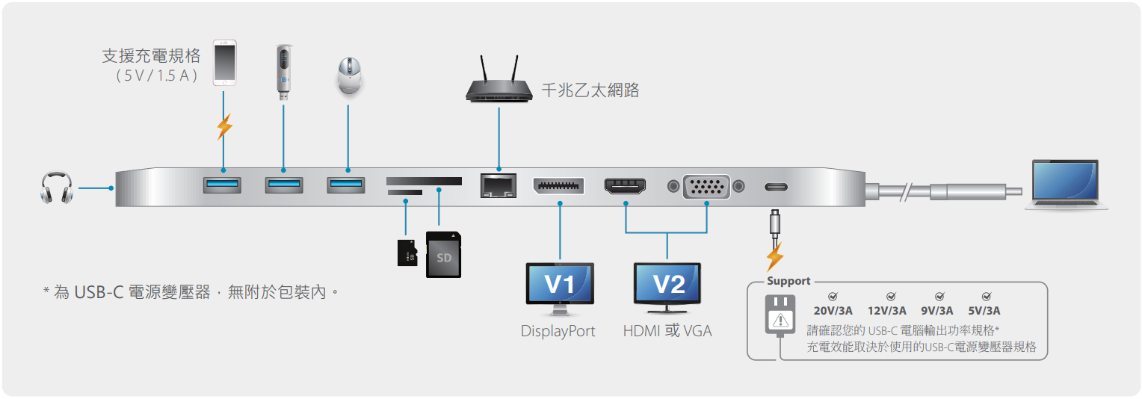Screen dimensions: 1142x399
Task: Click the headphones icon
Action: pyautogui.click(x=57, y=188)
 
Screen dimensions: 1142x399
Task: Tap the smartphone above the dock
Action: pyautogui.click(x=224, y=63)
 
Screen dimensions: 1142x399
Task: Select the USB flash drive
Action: pyautogui.click(x=284, y=72)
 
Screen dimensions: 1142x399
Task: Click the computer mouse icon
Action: pyautogui.click(x=349, y=76)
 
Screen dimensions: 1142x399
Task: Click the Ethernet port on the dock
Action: pyautogui.click(x=498, y=185)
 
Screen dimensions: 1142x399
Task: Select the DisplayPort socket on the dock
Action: pyautogui.click(x=558, y=186)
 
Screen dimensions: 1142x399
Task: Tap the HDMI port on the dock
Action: pyautogui.click(x=625, y=187)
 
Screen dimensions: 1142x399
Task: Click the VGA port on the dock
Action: pyautogui.click(x=706, y=187)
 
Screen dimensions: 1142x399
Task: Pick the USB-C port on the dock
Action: pyautogui.click(x=776, y=187)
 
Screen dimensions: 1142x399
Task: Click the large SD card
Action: pyautogui.click(x=443, y=255)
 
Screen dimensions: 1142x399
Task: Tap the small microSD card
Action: pyautogui.click(x=407, y=253)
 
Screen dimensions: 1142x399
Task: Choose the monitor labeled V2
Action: pyautogui.click(x=667, y=288)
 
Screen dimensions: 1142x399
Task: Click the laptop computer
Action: pyautogui.click(x=1066, y=185)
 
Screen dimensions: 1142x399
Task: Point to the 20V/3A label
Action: pyautogui.click(x=833, y=311)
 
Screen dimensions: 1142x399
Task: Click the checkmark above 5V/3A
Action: pyautogui.click(x=987, y=296)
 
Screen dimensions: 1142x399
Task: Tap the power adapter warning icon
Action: pyautogui.click(x=780, y=320)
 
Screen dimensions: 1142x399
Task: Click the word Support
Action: pyautogui.click(x=788, y=281)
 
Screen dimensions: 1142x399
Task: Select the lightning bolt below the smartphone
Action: pyautogui.click(x=224, y=126)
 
